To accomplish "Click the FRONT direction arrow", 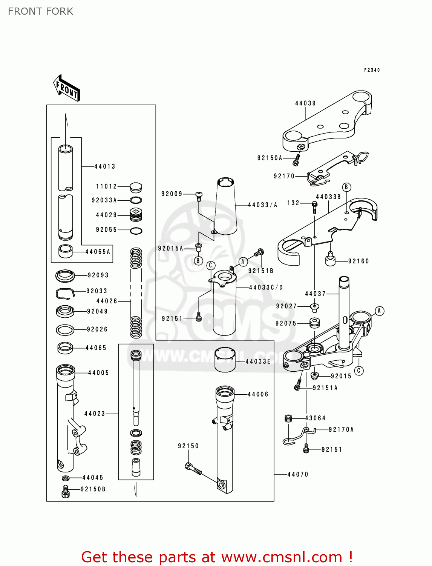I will click(x=67, y=88).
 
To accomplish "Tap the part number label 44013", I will click(x=104, y=166).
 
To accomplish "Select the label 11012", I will click(x=106, y=186).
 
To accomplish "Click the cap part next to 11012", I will click(x=136, y=187).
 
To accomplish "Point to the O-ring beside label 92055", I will click(x=136, y=231).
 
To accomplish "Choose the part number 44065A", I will click(x=98, y=252).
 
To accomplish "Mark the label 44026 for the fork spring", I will click(x=107, y=301).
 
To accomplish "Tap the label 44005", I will click(x=98, y=373).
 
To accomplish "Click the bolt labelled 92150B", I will click(x=66, y=492).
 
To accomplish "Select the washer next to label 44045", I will click(x=66, y=478).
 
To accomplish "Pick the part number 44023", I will click(x=95, y=414).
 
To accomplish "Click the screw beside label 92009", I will click(x=199, y=195).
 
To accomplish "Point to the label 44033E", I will click(x=258, y=361).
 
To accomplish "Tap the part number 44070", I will click(x=298, y=474).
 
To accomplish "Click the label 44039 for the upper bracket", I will click(x=305, y=103).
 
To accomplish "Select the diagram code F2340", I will click(x=372, y=70).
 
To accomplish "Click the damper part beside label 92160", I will click(x=330, y=260).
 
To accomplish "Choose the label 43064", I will click(x=315, y=418).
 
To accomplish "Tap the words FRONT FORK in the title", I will click(x=41, y=11).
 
